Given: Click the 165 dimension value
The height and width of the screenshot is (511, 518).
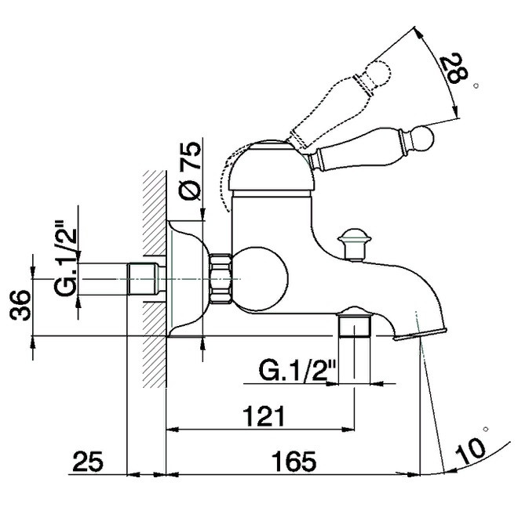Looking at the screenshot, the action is (x=294, y=462).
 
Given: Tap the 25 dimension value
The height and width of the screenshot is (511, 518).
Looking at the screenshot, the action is (x=88, y=461).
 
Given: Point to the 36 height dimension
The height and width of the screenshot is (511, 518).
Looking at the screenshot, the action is (x=20, y=305).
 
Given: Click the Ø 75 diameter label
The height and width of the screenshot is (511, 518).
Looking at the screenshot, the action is (x=190, y=171).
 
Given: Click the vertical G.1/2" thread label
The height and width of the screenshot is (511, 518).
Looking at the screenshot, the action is (x=65, y=259).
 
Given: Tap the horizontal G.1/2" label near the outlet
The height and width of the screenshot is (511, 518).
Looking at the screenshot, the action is (x=297, y=371).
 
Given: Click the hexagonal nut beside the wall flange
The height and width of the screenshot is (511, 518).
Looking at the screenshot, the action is (x=220, y=277).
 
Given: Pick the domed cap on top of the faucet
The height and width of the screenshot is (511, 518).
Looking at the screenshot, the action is (x=271, y=167).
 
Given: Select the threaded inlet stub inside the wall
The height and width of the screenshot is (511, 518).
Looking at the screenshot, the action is (x=146, y=279).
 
